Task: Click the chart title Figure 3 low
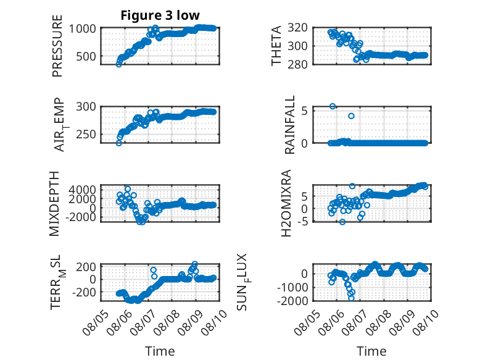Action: pyautogui.click(x=160, y=15)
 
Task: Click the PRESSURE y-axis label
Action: pyautogui.click(x=57, y=46)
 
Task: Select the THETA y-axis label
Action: pyautogui.click(x=276, y=46)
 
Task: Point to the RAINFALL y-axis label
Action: pyautogui.click(x=289, y=125)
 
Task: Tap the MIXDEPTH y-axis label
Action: pyautogui.click(x=54, y=204)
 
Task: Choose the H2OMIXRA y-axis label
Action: pyautogui.click(x=286, y=203)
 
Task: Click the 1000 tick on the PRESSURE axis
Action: pyautogui.click(x=82, y=29)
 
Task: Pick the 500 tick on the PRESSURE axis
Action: pyautogui.click(x=86, y=56)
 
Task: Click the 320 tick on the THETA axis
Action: pyautogui.click(x=297, y=28)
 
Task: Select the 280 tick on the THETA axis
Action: pyautogui.click(x=297, y=64)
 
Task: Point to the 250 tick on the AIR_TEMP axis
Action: pyautogui.click(x=86, y=134)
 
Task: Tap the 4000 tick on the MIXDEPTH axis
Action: pyautogui.click(x=82, y=190)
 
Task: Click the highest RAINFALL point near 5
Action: pyautogui.click(x=333, y=106)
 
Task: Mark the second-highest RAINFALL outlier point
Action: pyautogui.click(x=351, y=116)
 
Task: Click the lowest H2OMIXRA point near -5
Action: pyautogui.click(x=342, y=222)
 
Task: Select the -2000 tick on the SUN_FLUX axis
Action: pyautogui.click(x=292, y=301)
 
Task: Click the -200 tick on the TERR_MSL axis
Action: pyautogui.click(x=84, y=292)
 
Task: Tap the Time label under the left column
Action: pyautogui.click(x=160, y=351)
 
